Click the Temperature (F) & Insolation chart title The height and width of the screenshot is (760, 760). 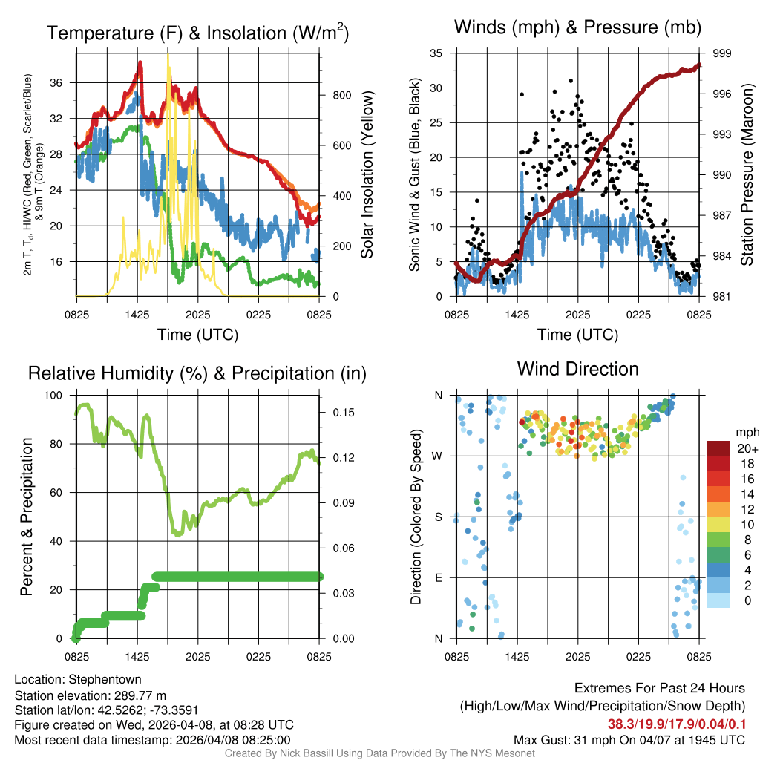pos(197,33)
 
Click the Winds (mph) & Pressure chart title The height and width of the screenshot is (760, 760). pos(578,28)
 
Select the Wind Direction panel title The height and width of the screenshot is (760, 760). pos(577,369)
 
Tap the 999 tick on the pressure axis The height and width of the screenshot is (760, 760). pos(723,53)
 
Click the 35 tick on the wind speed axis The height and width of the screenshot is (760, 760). pos(436,53)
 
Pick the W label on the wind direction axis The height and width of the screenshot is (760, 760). pos(438,456)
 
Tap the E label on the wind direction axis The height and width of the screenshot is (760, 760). pos(439,577)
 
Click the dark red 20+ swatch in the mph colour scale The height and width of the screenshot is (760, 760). pos(718,448)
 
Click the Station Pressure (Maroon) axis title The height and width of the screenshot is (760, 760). pos(747,174)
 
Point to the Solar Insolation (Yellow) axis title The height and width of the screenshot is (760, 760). pos(367,174)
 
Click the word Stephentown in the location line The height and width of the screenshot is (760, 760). pos(104,679)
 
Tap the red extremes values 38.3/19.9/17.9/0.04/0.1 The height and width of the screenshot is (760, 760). pos(677,723)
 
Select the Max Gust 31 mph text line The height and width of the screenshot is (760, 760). pos(629,740)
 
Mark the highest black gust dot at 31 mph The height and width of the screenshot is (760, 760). pos(571,81)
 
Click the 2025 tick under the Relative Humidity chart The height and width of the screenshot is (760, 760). pos(197,658)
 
